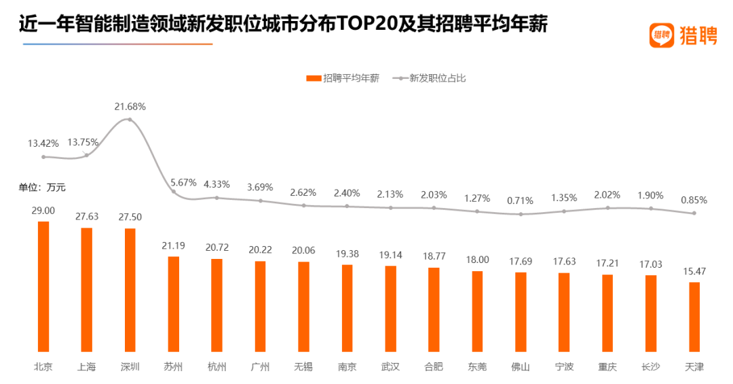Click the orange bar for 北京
pyautogui.click(x=43, y=285)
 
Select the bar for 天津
pyautogui.click(x=694, y=316)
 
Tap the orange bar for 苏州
pyautogui.click(x=174, y=303)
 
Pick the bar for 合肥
pyautogui.click(x=434, y=309)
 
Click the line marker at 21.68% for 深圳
pyautogui.click(x=130, y=120)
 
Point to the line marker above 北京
pyautogui.click(x=43, y=156)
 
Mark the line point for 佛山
pyautogui.click(x=521, y=214)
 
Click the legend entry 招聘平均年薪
pyautogui.click(x=343, y=78)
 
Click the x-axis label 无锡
pyautogui.click(x=303, y=367)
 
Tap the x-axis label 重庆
pyautogui.click(x=607, y=367)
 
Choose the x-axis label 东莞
pyautogui.click(x=477, y=367)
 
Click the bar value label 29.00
pyautogui.click(x=43, y=211)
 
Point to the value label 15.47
pyautogui.click(x=694, y=271)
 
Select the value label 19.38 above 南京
pyautogui.click(x=347, y=254)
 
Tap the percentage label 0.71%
pyautogui.click(x=521, y=200)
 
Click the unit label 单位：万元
pyautogui.click(x=42, y=187)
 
